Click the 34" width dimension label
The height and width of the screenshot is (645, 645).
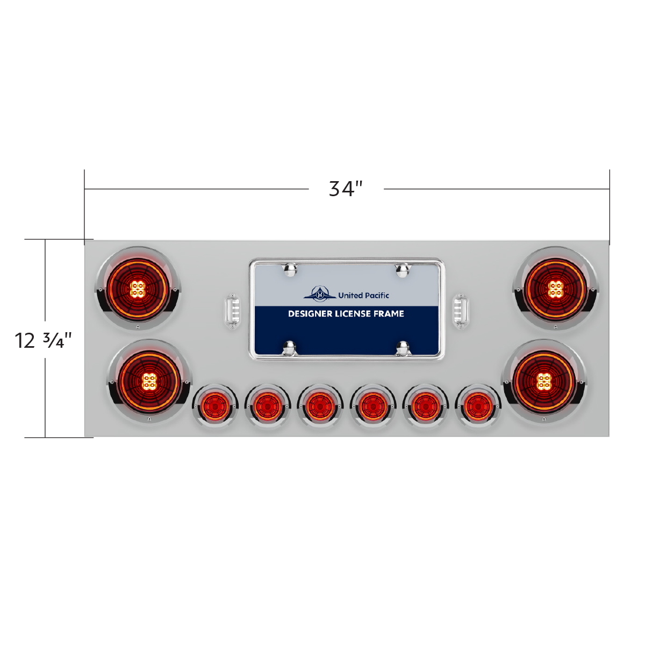[x=346, y=189]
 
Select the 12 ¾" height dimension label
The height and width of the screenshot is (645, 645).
[x=44, y=340]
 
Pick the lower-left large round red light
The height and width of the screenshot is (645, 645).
[x=149, y=381]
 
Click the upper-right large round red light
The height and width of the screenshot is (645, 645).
[x=555, y=289]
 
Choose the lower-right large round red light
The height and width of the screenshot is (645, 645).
[x=543, y=381]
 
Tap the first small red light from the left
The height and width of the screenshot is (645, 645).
[x=214, y=406]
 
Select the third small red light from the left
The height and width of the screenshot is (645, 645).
[x=320, y=406]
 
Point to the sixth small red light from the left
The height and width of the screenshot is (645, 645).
[x=478, y=406]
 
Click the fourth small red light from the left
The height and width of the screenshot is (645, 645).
[x=372, y=406]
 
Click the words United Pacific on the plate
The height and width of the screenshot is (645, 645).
[x=363, y=295]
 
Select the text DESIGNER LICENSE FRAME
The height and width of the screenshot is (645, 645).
[x=346, y=313]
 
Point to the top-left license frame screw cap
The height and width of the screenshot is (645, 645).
[x=291, y=269]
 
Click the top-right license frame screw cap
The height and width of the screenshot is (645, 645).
[x=402, y=269]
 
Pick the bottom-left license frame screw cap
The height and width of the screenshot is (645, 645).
[x=291, y=348]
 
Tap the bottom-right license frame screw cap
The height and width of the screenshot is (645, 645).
[x=402, y=348]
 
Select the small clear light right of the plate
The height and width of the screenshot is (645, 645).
[x=460, y=311]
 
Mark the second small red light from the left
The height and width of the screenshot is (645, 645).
[x=267, y=406]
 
